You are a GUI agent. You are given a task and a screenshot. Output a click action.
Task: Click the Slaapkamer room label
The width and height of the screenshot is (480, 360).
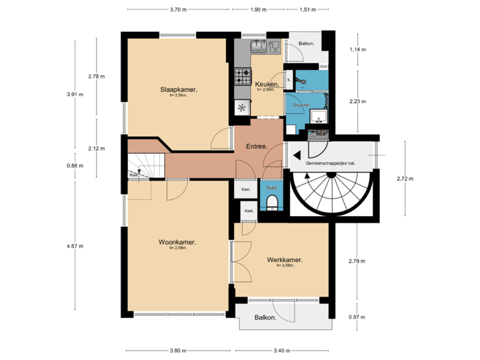tap(178, 89)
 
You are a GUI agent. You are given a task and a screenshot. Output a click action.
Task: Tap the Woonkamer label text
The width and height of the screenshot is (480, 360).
tap(177, 242)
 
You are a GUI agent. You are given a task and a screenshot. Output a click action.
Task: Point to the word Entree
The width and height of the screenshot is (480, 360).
tap(257, 147)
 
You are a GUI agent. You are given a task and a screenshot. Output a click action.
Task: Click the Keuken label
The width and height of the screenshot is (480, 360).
tap(267, 84)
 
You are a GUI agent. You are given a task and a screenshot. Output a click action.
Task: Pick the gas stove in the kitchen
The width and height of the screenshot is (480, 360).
tap(241, 76)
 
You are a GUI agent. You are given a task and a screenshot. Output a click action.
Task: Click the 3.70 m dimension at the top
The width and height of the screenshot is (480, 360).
tap(178, 10)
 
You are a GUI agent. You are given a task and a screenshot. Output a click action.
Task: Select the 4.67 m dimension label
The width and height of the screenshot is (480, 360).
tap(75, 246)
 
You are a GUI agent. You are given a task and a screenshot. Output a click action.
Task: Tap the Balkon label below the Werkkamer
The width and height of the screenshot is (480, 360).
tap(265, 318)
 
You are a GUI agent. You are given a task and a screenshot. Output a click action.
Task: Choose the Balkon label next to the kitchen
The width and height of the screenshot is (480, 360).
tap(307, 44)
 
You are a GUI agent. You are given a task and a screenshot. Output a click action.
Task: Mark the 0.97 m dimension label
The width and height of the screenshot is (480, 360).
tap(357, 317)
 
